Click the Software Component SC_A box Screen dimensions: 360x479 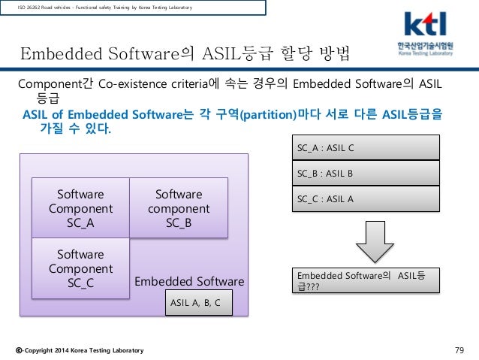point(80,207)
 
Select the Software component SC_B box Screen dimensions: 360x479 point(178,207)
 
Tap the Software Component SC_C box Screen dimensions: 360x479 point(80,268)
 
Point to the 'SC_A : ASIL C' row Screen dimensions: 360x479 point(363,147)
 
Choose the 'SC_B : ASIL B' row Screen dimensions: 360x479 point(363,173)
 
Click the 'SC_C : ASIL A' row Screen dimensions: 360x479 point(363,198)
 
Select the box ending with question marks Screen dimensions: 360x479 point(363,280)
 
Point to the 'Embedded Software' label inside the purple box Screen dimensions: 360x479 point(189,282)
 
